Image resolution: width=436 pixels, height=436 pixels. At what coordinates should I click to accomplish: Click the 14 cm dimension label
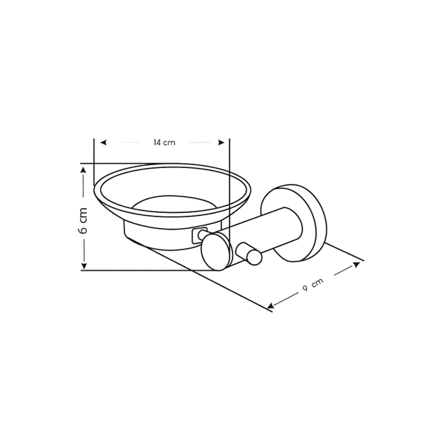(x=164, y=143)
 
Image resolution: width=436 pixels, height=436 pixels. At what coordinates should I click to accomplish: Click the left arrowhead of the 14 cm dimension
(x=104, y=143)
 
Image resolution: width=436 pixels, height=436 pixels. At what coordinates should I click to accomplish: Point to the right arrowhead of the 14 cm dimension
(x=221, y=143)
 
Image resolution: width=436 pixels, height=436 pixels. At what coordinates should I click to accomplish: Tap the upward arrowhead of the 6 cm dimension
(x=84, y=170)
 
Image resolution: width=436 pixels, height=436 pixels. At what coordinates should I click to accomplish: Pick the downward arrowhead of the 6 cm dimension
(x=84, y=266)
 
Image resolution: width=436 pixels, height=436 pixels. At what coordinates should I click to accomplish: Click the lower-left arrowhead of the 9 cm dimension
(x=270, y=306)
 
